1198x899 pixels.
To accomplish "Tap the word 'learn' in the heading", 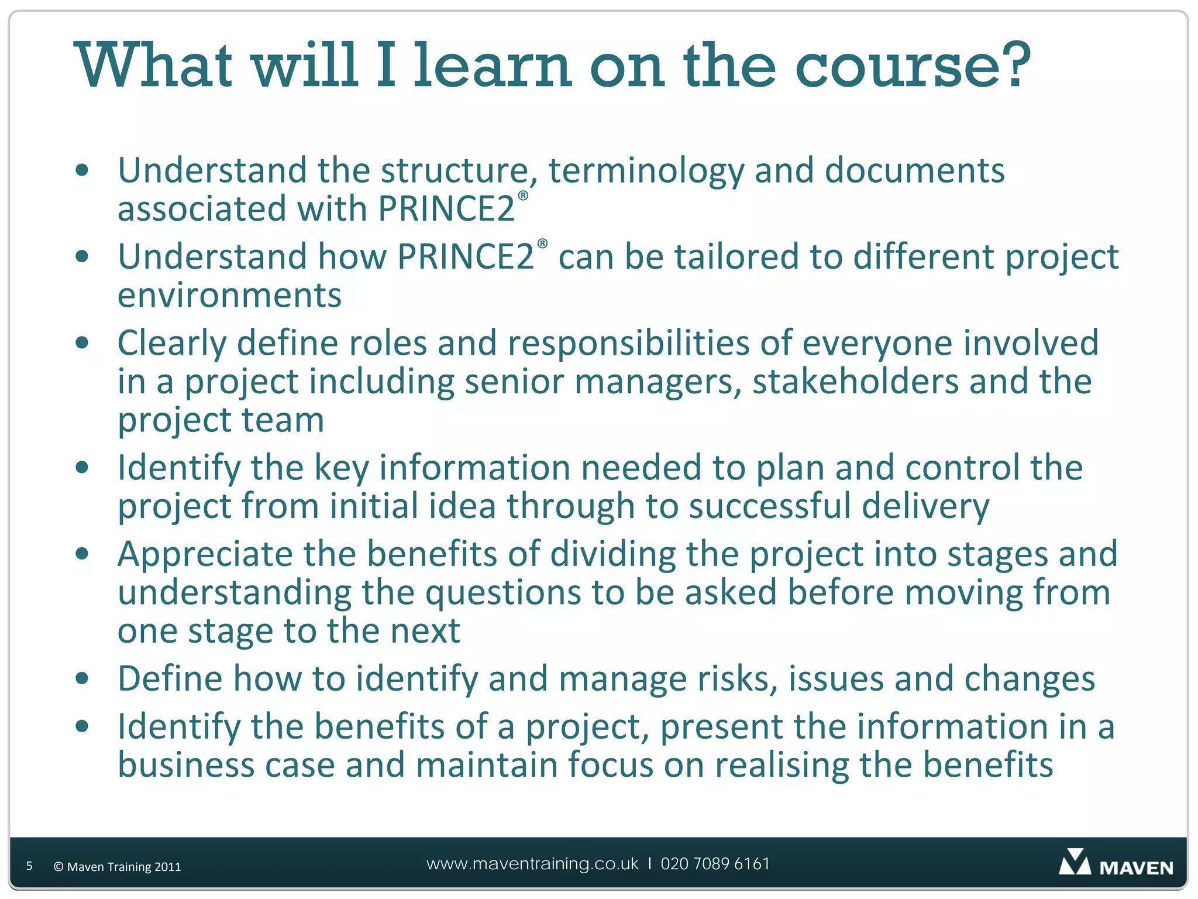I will [492, 66].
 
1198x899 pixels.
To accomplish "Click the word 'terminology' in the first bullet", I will [646, 171].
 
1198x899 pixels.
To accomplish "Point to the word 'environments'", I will [229, 295].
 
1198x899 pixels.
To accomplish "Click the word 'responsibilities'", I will [628, 343].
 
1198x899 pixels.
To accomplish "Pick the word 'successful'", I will [770, 506].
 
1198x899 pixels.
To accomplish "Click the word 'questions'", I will [503, 593].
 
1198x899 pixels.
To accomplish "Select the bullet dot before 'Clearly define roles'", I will [82, 343].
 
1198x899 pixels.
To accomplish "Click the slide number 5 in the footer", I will [29, 866].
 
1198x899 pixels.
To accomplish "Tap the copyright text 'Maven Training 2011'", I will [123, 867].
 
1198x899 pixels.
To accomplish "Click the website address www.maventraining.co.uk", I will [532, 864].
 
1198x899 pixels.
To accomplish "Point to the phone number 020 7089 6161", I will [715, 864].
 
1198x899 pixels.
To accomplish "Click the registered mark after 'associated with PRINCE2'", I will [523, 195].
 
